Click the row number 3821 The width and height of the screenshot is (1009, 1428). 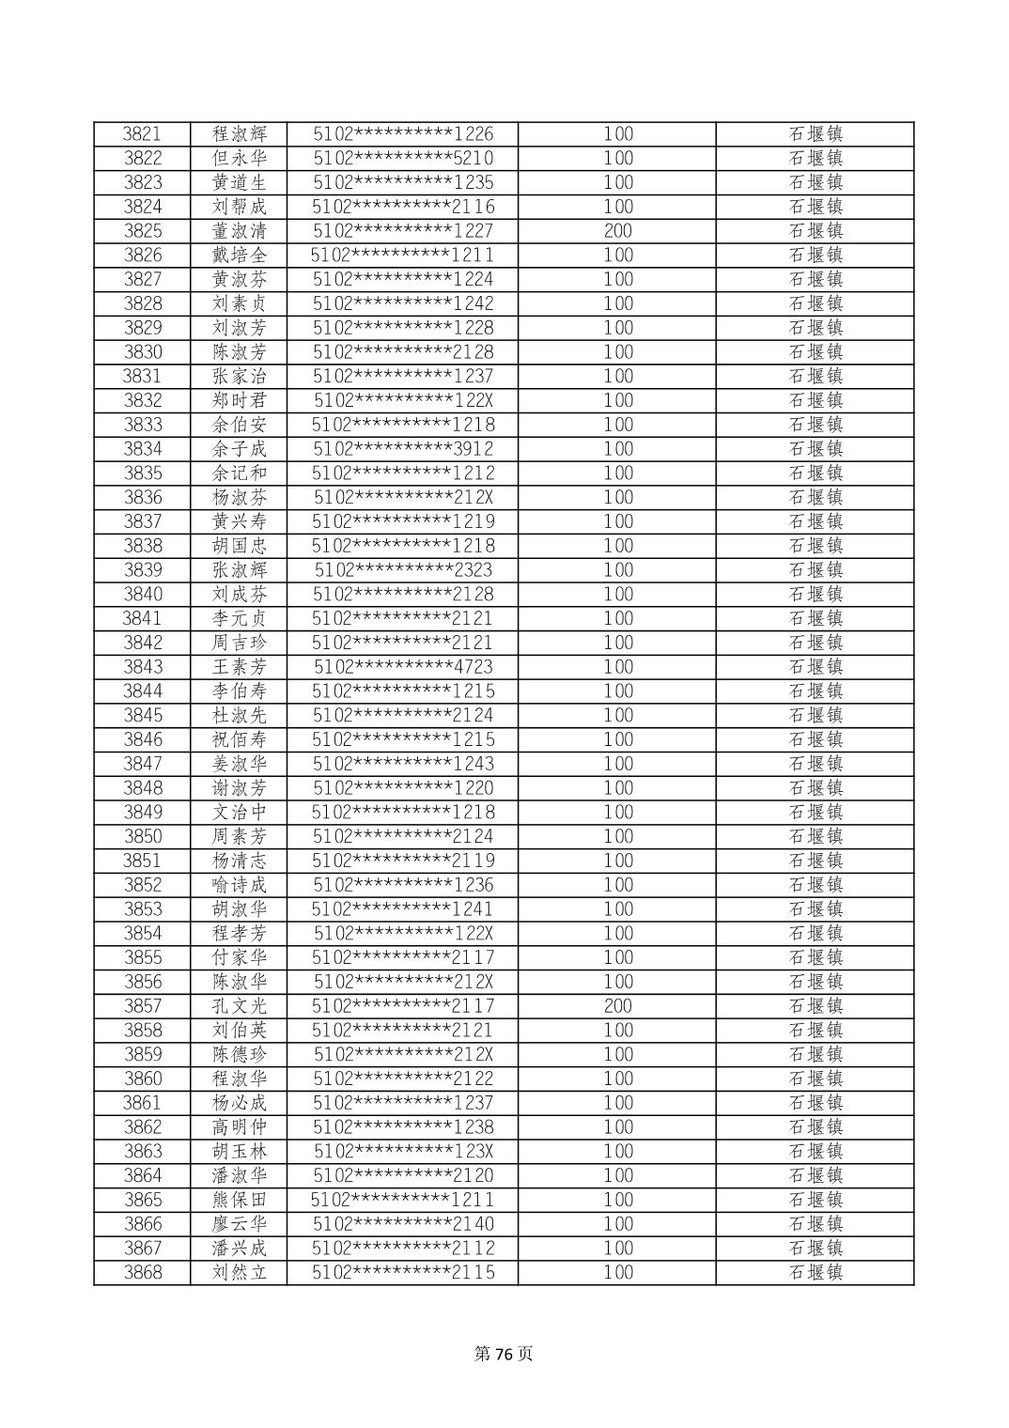click(142, 134)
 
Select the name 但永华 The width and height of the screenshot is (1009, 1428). click(239, 159)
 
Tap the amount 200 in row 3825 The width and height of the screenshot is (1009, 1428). click(617, 231)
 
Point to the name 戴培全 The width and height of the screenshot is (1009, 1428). click(239, 256)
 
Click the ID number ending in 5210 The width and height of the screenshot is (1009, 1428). click(402, 159)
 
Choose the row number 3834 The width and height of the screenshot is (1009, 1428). click(142, 449)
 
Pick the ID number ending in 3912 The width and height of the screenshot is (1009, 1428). click(402, 449)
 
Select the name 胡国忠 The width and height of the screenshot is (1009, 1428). click(239, 546)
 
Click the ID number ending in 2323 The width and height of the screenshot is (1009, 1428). click(402, 570)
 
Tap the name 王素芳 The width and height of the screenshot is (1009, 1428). click(239, 667)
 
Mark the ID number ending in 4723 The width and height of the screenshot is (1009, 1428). click(402, 667)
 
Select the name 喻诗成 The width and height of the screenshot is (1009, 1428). click(239, 885)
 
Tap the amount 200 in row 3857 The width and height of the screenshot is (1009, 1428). click(617, 1006)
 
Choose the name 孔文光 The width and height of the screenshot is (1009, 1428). click(239, 1006)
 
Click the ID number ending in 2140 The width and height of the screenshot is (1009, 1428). click(402, 1224)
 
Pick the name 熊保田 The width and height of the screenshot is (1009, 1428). click(239, 1200)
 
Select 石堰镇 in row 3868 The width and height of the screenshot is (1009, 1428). click(815, 1273)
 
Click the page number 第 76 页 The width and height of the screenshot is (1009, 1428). click(504, 1354)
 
